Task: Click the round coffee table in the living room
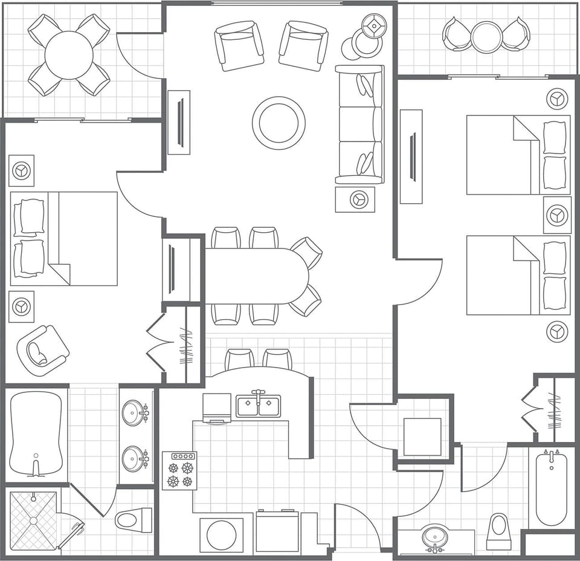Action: [x=279, y=123]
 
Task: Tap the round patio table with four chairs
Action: [x=69, y=55]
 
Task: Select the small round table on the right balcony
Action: [x=486, y=37]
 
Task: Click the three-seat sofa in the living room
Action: [x=359, y=124]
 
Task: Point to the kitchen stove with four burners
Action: [x=179, y=470]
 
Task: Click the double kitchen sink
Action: [x=259, y=405]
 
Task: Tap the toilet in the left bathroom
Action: [x=134, y=519]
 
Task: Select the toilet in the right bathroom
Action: [x=499, y=531]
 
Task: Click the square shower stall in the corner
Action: [x=33, y=520]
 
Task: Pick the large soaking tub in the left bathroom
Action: [x=36, y=433]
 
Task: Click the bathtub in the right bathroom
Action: [x=551, y=488]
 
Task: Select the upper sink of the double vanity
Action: [x=134, y=413]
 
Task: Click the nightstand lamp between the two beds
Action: [x=556, y=215]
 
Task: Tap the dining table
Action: [x=257, y=276]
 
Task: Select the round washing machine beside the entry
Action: [x=221, y=534]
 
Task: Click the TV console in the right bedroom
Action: [x=411, y=157]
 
